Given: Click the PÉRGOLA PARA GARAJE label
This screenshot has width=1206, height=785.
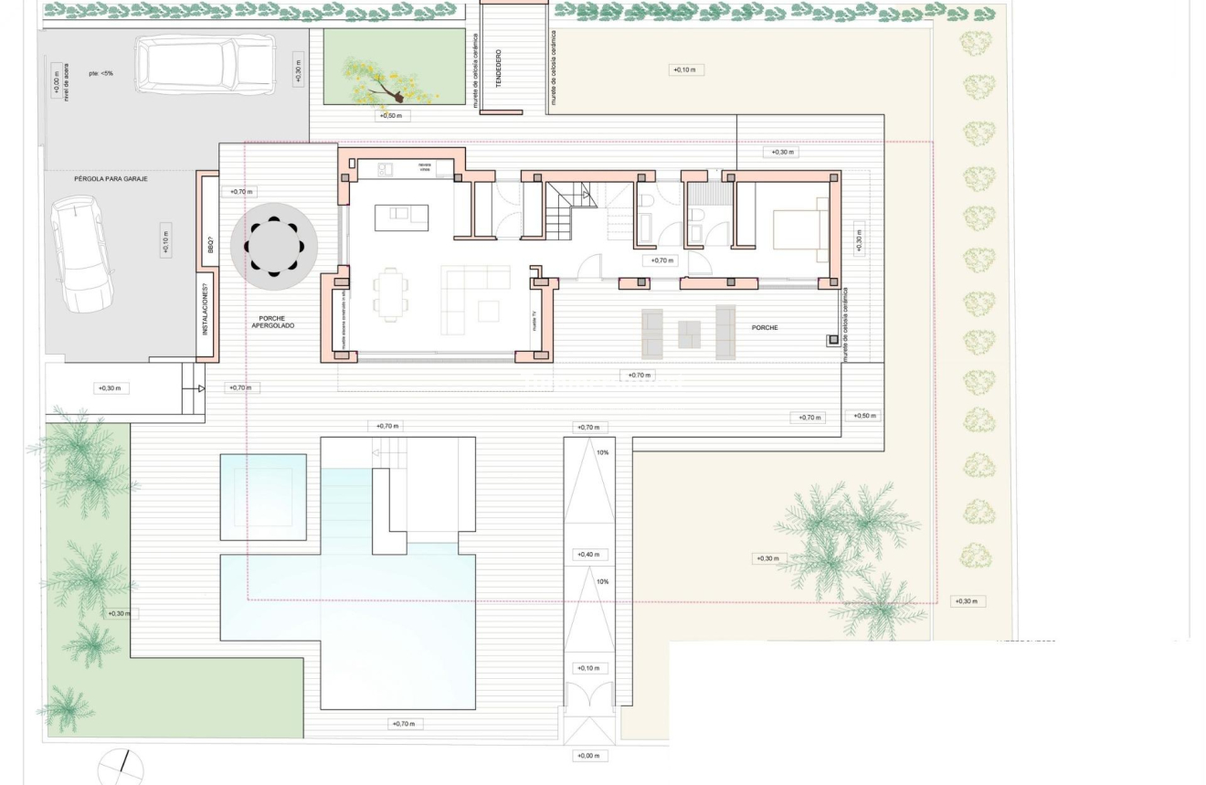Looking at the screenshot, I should pos(111,179).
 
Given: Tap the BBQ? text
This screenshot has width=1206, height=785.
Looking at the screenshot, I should pos(209,245).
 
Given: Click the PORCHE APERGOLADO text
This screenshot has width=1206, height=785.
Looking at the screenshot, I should pos(273,322).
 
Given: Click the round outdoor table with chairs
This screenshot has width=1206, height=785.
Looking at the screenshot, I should pos(274,247).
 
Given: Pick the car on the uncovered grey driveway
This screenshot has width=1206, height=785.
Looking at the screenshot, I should pos(205,62).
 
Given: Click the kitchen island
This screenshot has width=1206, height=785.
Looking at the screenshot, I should pos(402,217).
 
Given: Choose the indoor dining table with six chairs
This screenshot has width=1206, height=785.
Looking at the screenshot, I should pos(390,294).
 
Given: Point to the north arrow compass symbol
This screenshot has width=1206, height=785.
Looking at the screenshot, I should pos(121,768).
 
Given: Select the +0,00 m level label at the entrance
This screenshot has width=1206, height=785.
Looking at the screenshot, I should pos(588,756).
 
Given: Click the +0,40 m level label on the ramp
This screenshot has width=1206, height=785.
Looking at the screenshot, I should pos(588,555).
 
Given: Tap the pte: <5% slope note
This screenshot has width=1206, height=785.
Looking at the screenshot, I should pos(100,73).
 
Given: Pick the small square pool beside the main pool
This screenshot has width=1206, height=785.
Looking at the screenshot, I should pos(263,496).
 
